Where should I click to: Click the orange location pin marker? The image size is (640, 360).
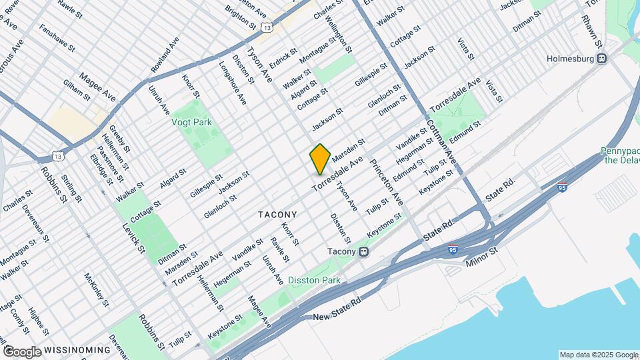click(320, 159)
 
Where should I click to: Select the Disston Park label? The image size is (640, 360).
click(314, 281)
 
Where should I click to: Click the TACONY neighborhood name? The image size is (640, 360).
click(277, 215)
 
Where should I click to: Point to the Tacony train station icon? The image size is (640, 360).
click(364, 252)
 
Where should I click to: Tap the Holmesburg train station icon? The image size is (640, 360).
click(602, 58)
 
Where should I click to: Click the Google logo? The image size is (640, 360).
click(22, 351)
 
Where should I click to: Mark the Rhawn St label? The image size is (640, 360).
click(591, 30)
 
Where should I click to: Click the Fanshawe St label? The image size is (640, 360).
click(55, 39)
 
